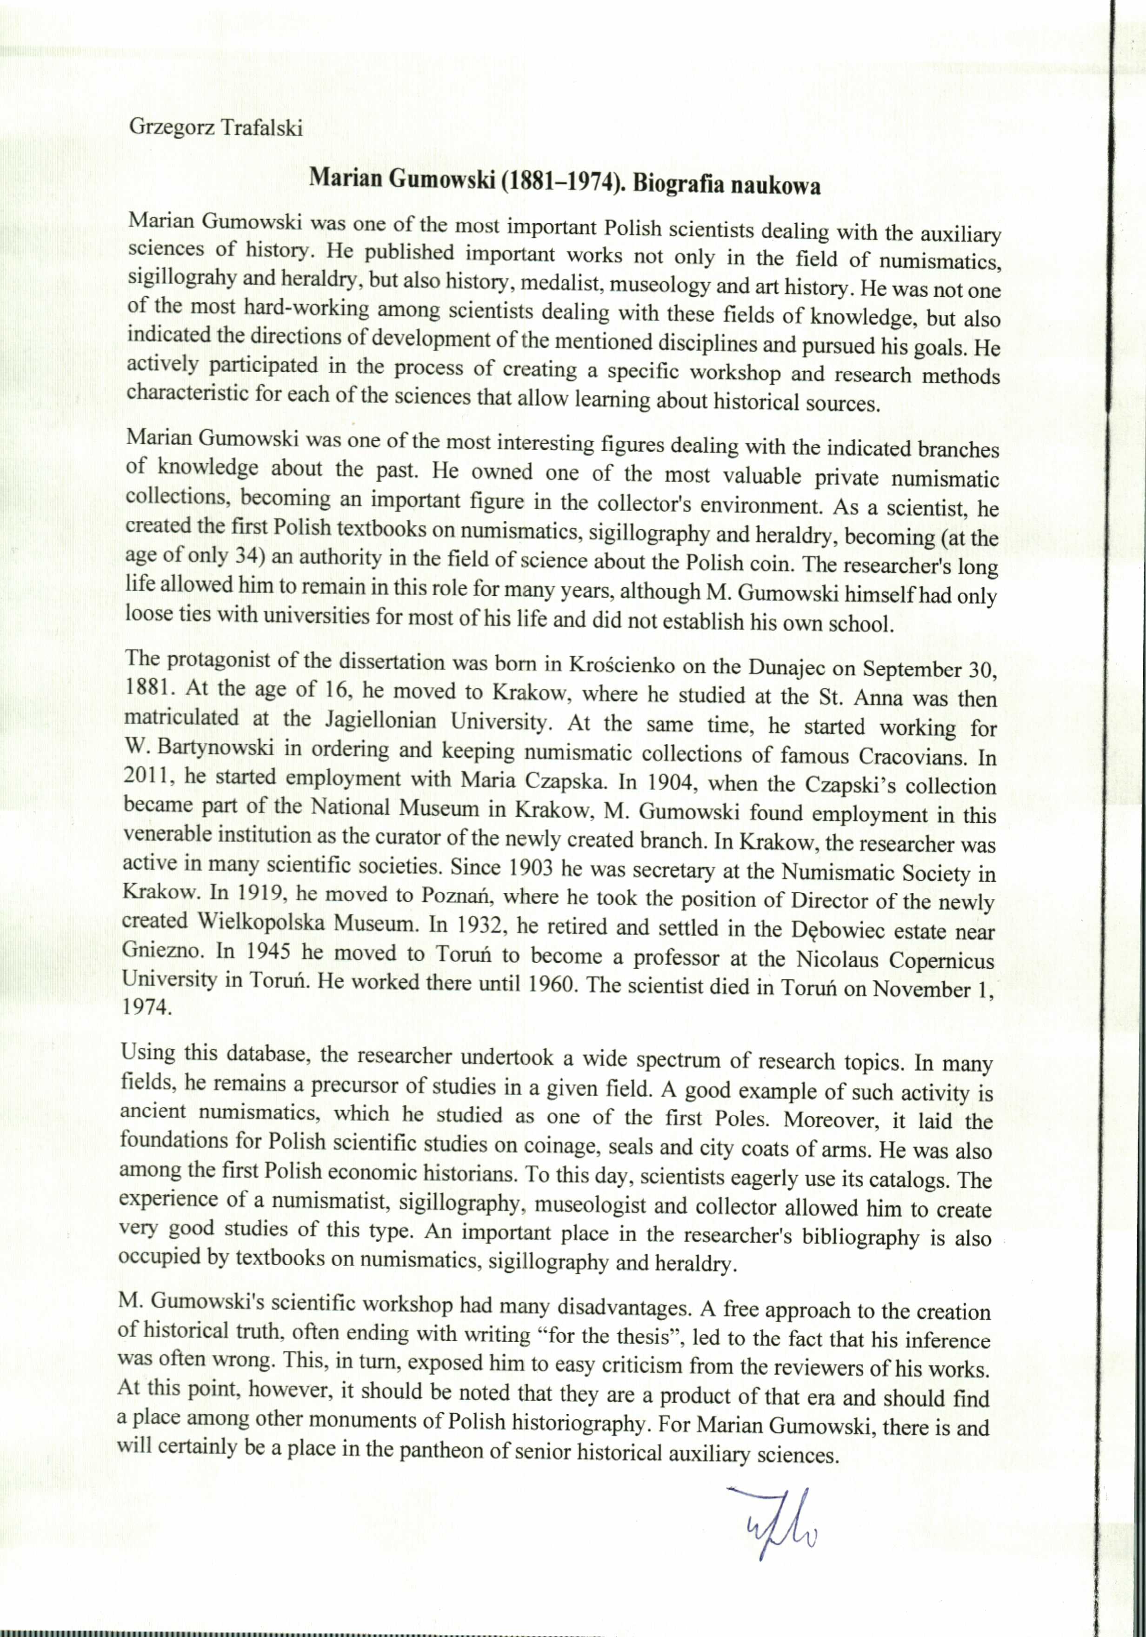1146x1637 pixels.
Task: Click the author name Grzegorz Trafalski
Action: tap(215, 128)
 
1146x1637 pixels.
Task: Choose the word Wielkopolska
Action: tap(262, 922)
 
